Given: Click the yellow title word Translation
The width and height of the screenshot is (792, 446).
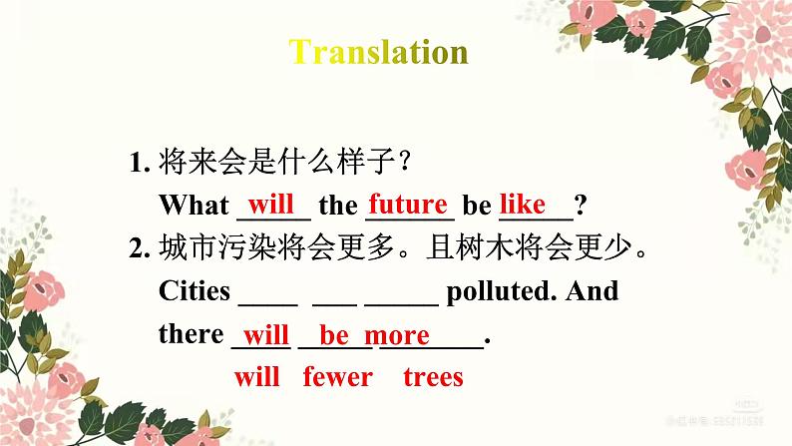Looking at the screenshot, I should click(378, 52).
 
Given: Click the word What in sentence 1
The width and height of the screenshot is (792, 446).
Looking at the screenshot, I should click(194, 206).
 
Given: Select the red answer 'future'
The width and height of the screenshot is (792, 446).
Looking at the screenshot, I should click(407, 205).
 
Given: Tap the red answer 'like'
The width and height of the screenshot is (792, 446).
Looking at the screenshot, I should click(523, 205).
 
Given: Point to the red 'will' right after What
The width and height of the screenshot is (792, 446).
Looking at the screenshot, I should click(270, 205).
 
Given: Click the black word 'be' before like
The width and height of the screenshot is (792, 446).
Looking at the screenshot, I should click(477, 206).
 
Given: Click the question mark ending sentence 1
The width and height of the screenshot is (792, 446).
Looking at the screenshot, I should click(580, 206).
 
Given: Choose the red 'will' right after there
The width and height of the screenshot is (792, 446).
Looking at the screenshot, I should click(265, 335).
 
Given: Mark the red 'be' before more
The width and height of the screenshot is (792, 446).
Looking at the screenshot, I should click(333, 335).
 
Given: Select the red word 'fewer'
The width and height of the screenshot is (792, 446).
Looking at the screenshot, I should click(337, 377).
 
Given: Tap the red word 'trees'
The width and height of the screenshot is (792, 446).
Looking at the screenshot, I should click(433, 377).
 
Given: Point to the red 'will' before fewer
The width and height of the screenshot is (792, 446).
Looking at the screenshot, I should click(257, 377).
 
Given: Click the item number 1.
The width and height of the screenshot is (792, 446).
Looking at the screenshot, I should click(138, 163).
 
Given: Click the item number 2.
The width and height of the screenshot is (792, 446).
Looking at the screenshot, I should click(138, 249).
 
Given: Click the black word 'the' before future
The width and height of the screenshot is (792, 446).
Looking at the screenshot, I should click(338, 206).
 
